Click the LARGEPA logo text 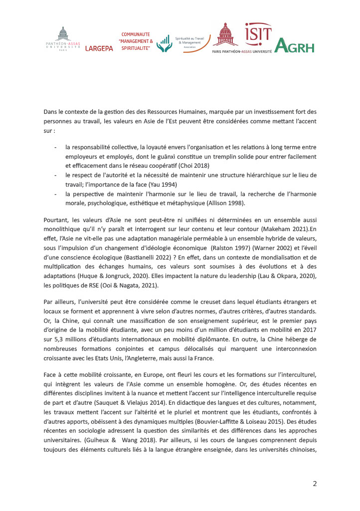coord(99,48)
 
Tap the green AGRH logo coord(294,46)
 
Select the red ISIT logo coord(258,35)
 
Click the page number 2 coord(315,484)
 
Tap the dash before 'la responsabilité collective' coord(55,147)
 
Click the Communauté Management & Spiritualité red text coord(135,41)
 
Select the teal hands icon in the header coord(164,44)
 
